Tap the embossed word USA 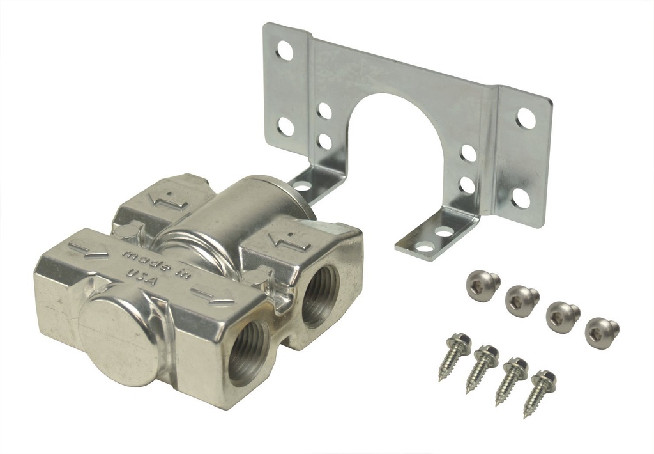141,278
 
